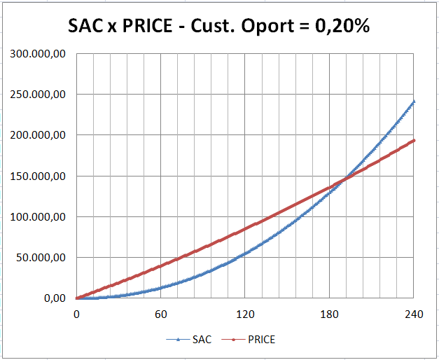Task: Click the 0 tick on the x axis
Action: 76,314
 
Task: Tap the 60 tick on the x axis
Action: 160,314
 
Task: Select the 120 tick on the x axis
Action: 245,314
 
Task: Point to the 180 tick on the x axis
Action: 329,314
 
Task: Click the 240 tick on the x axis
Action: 413,314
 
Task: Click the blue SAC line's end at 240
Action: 413,102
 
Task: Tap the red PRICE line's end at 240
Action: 413,141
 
